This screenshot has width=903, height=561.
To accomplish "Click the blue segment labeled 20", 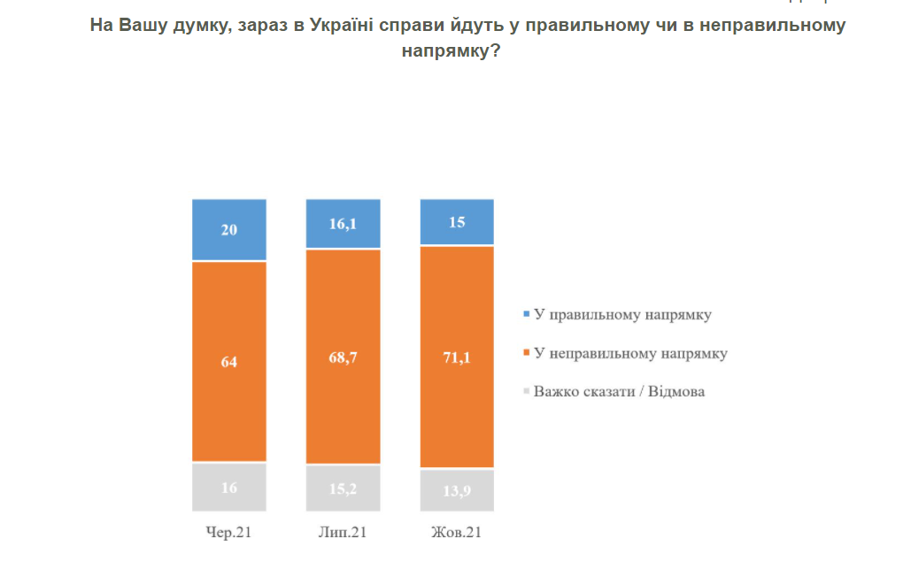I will pos(229,229).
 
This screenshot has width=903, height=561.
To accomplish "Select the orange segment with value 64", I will pos(229,361).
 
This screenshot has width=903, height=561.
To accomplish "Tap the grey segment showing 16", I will pos(229,487).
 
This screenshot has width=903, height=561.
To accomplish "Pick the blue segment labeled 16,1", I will pos(343,224).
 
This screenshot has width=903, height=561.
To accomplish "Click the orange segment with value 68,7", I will pos(343,357).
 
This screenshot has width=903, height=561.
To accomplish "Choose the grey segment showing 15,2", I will pos(343,488).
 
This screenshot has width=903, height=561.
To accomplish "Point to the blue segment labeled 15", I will pos(456,222).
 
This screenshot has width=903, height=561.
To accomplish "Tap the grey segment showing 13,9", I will pos(456,490).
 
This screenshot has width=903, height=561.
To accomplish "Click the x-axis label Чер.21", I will pos(229,533).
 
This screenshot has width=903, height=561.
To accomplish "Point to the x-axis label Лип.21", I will pos(343,533).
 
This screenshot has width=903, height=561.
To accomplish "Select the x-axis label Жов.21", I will pos(456,533).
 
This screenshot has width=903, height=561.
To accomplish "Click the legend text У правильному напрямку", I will pos(623,314).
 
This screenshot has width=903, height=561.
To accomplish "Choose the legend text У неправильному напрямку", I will pos(630,353).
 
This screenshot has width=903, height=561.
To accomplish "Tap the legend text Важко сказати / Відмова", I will pos(620,391).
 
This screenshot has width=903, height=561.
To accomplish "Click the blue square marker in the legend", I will pos(527,314).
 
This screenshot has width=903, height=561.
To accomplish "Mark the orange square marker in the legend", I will pos(527,353).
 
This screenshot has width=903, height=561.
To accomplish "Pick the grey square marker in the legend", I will pos(527,391).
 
